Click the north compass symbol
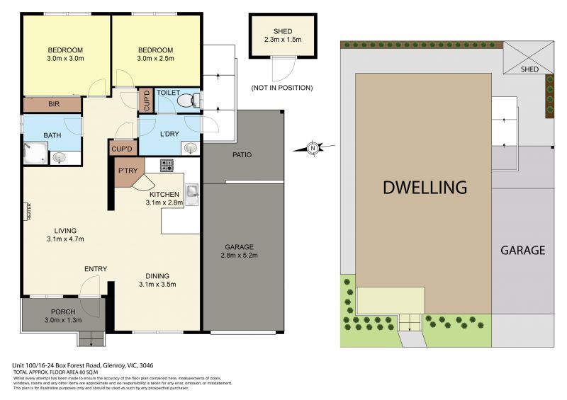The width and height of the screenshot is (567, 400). tap(313, 148)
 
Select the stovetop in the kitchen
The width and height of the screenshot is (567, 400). tap(167, 166)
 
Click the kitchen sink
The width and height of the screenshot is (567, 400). tap(191, 190)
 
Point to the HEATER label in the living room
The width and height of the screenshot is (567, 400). tap(29, 212)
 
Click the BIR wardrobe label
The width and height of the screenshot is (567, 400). tap(54, 105)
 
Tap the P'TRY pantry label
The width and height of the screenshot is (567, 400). tap(128, 171)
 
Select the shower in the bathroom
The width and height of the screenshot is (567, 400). tap(35, 152)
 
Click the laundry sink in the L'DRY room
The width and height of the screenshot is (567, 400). tap(189, 148)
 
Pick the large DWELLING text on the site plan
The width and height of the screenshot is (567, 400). tap(425, 188)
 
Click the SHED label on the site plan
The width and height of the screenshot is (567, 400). tap(529, 69)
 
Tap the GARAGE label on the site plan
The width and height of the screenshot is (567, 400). tap(523, 250)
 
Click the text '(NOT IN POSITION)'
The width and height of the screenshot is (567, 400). tap(281, 88)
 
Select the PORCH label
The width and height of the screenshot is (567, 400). tap(63, 312)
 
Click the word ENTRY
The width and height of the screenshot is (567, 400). tap(96, 269)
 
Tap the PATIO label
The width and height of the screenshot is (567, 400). tap(242, 155)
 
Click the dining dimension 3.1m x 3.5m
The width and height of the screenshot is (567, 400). tap(157, 285)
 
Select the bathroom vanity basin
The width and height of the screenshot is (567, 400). tap(60, 157)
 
